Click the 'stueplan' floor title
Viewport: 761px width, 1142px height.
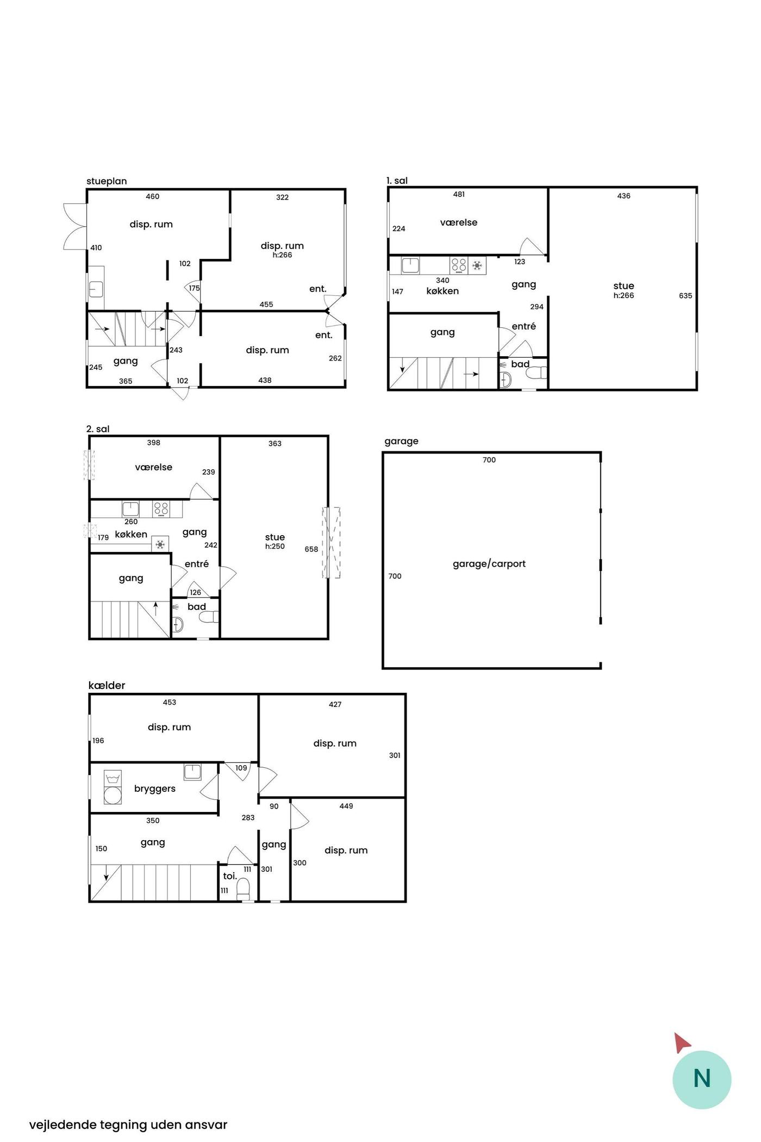click(107, 181)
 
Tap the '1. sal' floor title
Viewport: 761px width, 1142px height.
click(397, 181)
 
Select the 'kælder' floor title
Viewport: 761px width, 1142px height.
click(107, 685)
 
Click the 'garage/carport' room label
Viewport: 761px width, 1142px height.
click(489, 564)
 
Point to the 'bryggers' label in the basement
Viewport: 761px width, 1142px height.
click(155, 789)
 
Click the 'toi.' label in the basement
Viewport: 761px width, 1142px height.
click(230, 876)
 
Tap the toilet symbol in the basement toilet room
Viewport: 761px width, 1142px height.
click(243, 888)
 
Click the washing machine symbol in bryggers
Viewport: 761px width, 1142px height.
click(113, 788)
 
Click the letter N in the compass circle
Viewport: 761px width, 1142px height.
click(702, 1078)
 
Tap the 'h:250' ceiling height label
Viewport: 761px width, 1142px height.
click(275, 547)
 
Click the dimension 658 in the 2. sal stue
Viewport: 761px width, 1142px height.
click(311, 549)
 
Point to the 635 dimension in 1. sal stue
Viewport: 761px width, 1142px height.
click(685, 296)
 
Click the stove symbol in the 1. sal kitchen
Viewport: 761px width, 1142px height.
click(459, 265)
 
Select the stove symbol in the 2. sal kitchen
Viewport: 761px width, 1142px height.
click(161, 509)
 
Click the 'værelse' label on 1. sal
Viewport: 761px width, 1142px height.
click(459, 222)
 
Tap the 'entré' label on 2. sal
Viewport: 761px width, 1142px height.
click(197, 564)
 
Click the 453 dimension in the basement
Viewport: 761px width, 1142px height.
click(170, 702)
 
